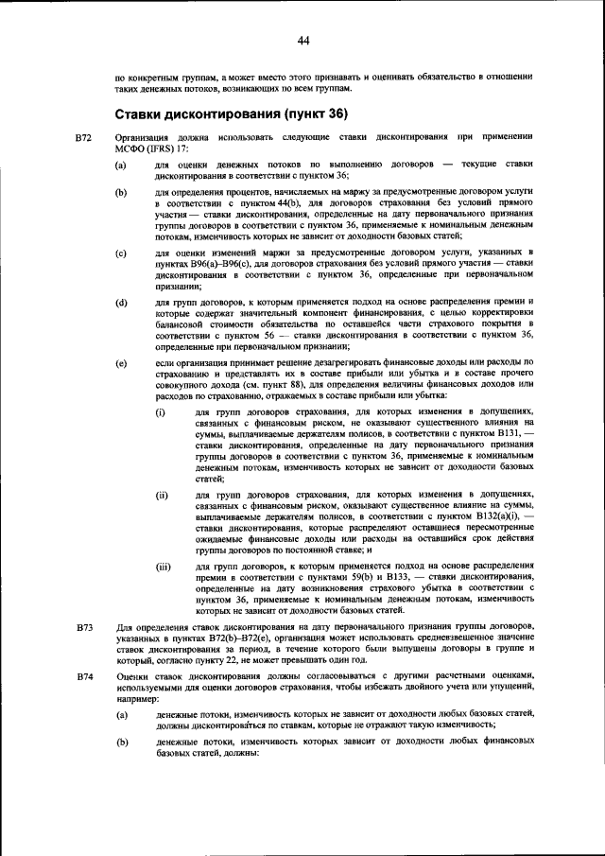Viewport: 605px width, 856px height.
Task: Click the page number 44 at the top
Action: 302,40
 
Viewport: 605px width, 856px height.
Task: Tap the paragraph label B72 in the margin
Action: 83,138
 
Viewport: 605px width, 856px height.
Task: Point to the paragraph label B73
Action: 83,629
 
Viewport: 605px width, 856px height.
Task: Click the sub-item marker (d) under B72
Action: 121,304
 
